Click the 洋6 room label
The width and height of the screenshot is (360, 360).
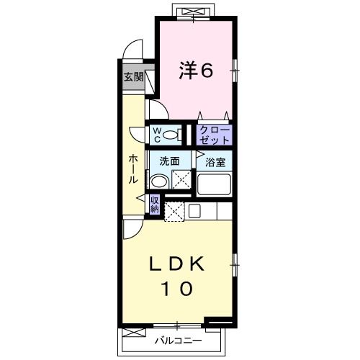[x=195, y=71]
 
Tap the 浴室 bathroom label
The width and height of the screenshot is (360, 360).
[x=215, y=162]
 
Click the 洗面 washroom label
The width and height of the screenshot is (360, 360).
[x=169, y=162]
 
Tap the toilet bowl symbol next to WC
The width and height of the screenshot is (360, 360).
[x=171, y=134]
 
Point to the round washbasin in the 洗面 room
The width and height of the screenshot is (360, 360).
[x=159, y=182]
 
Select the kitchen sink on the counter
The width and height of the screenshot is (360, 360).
[x=194, y=211]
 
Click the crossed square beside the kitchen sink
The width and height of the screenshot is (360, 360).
[x=174, y=211]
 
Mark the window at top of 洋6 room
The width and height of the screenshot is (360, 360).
[x=196, y=12]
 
